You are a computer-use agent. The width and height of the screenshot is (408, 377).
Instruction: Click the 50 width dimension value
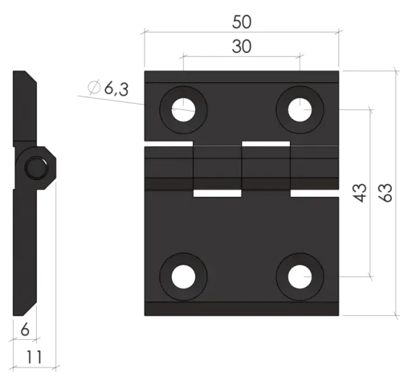point(241,22)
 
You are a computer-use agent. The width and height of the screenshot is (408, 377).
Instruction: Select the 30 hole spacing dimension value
point(241,47)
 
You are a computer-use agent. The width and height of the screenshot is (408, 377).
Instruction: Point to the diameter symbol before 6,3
point(94,87)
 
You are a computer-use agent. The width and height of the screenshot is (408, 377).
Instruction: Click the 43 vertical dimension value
point(360,193)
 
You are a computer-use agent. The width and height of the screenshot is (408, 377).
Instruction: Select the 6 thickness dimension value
point(24,330)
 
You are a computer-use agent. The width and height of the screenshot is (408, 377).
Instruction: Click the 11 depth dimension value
point(35,357)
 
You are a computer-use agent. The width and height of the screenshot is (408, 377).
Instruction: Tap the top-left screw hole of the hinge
point(184,110)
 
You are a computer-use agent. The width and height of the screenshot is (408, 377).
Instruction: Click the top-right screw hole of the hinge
point(300,110)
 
